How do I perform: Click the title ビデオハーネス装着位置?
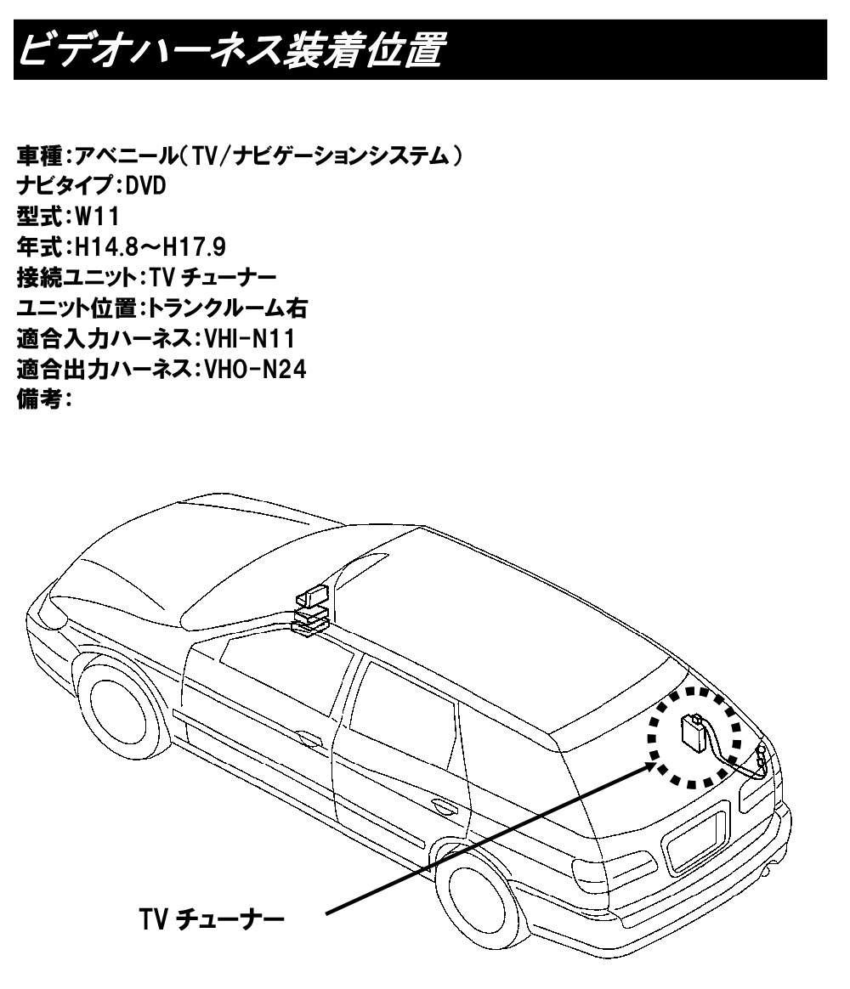pos(229,51)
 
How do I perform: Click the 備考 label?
pos(39,400)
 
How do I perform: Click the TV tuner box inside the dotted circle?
pos(692,732)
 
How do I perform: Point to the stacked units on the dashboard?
pos(311,608)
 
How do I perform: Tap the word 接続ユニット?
pos(75,278)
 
